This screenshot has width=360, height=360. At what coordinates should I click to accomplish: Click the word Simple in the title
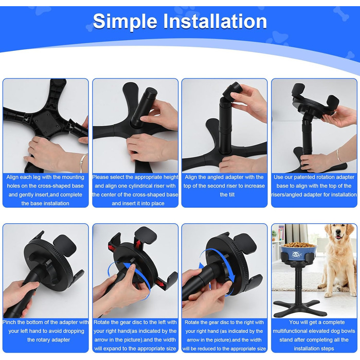pyautogui.click(x=125, y=22)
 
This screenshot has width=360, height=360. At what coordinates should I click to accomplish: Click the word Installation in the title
pyautogui.click(x=215, y=21)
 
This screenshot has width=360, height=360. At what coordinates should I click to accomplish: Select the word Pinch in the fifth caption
pyautogui.click(x=9, y=322)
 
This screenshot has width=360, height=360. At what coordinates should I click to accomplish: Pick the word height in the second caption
pyautogui.click(x=170, y=177)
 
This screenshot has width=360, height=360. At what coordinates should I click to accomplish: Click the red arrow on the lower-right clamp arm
pyautogui.click(x=160, y=283)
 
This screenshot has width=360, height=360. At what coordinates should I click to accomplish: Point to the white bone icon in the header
pyautogui.click(x=341, y=13)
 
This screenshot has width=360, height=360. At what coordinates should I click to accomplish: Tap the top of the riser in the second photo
pyautogui.click(x=151, y=90)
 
